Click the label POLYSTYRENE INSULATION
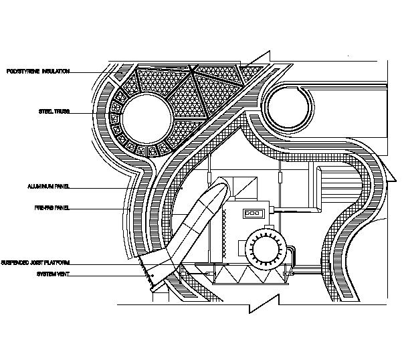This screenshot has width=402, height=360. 38,72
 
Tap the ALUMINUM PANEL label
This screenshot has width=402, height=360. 48,185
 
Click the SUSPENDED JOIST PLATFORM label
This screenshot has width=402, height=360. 35,262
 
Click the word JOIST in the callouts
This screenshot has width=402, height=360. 35,262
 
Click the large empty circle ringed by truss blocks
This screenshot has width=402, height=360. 147,118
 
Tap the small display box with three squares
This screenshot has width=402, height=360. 253,214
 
